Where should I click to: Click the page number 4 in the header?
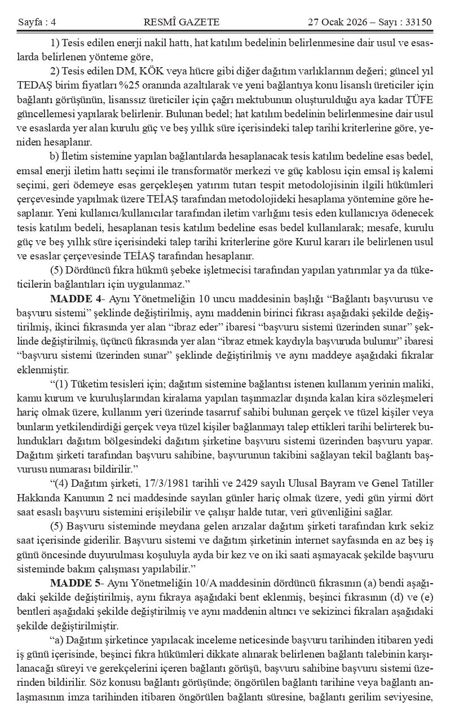click(53, 23)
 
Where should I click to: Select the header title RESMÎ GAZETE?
click(182, 23)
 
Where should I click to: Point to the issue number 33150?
click(418, 23)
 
